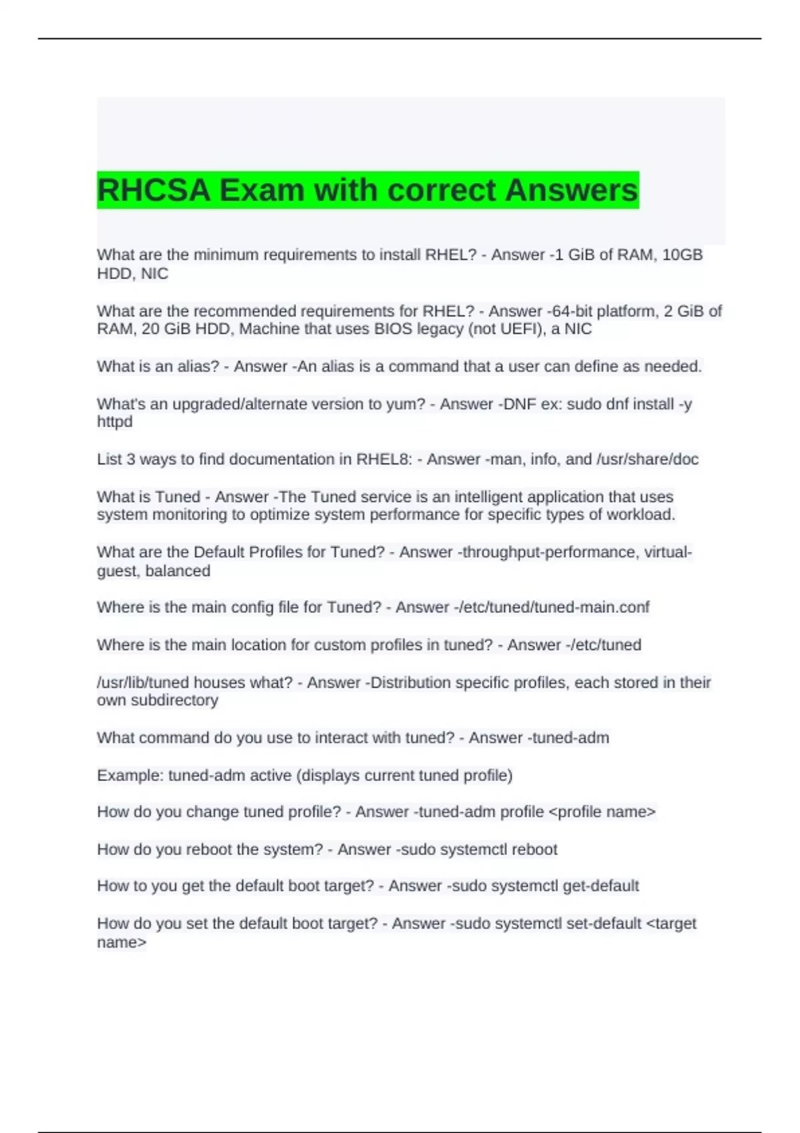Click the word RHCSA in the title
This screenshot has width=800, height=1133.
tap(153, 190)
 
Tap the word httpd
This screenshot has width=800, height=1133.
tap(115, 422)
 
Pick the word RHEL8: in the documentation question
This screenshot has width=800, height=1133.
tap(385, 459)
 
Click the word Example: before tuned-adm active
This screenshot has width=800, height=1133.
tap(130, 776)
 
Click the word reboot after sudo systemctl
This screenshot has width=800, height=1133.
tap(534, 850)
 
